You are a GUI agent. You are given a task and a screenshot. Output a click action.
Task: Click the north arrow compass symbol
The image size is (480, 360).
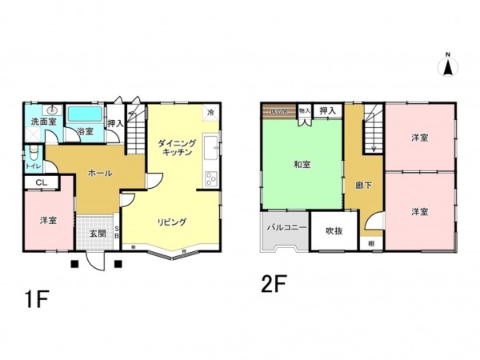coord(449,65)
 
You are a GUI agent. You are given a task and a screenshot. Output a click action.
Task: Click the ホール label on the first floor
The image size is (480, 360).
coord(98,173)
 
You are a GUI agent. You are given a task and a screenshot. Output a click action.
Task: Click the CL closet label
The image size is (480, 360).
coord(40,183)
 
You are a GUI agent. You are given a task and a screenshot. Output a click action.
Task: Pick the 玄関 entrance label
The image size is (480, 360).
coord(98,233)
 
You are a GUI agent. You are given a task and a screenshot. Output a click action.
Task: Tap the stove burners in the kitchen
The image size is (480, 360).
coord(212,178)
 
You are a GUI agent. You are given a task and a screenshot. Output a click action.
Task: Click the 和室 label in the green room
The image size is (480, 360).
coord(302,164)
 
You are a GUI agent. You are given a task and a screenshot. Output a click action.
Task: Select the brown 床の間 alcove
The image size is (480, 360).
coord(279,110)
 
